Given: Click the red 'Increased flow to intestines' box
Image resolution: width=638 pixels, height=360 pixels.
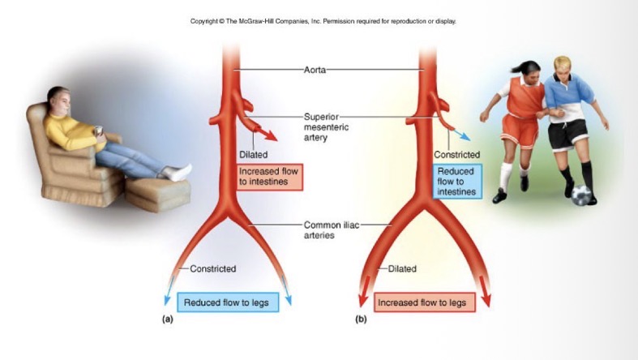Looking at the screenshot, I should pos(270,177).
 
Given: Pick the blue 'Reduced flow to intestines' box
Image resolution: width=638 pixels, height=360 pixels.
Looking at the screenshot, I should pos(456,182).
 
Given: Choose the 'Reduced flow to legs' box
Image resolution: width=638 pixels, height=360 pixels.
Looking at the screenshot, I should pos(225,302).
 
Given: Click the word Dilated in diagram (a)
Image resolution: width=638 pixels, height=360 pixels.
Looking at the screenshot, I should pos(253,154).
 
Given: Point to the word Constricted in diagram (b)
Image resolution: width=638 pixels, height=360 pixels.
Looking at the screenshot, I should pos(456,154).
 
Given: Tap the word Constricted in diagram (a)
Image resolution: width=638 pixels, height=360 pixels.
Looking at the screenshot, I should pos(212,268).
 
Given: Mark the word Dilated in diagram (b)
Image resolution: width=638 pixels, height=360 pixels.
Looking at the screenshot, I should pos(402,268).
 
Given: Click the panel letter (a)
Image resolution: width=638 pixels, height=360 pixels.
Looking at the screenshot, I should pos(167,319).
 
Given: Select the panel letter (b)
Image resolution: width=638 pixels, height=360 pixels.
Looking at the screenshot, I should pos(361,319).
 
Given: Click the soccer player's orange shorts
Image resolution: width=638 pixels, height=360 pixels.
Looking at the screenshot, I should pos(518,129).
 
